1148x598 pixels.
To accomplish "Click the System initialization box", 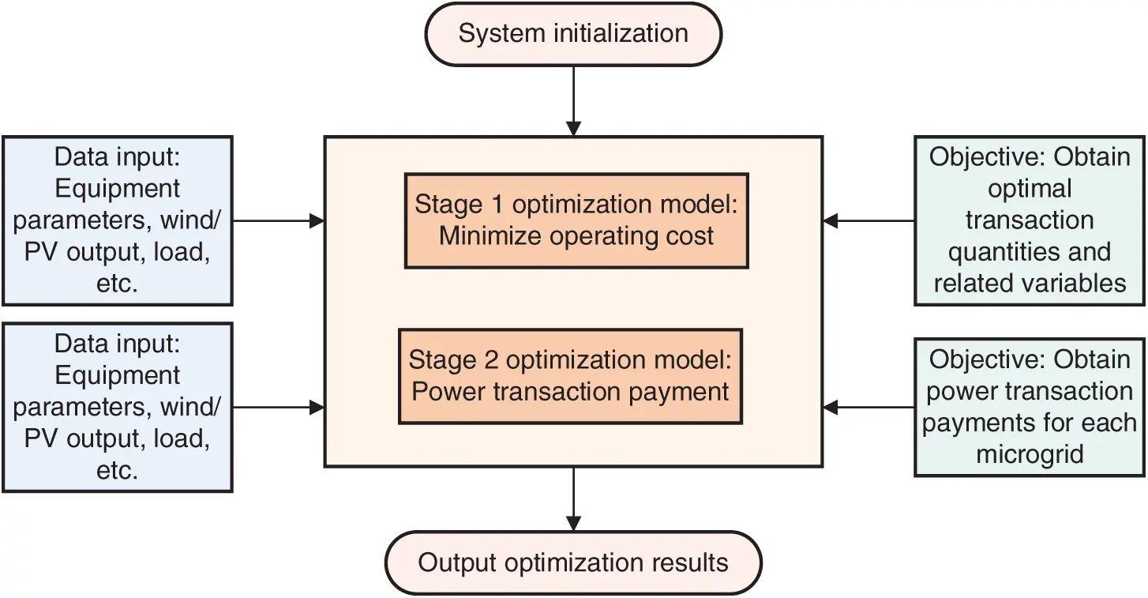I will (573, 35).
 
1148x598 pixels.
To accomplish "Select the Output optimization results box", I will (573, 563).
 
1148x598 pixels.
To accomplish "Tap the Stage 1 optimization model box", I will (576, 220).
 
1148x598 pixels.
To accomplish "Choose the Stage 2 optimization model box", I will (570, 376).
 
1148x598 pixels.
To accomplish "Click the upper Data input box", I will (117, 220).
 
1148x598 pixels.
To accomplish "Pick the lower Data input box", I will (117, 407).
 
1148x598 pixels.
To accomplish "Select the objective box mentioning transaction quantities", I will (1030, 220).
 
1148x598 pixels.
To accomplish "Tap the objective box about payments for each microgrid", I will (1030, 407).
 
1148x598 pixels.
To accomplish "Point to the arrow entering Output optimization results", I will (573, 498).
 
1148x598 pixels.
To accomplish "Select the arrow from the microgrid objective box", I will (869, 408).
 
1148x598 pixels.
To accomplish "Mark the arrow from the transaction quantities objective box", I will (869, 221).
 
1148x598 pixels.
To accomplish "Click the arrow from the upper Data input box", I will (279, 221).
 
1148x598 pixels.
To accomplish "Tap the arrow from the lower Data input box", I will (279, 408).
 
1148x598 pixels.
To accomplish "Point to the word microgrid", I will (1030, 455).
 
